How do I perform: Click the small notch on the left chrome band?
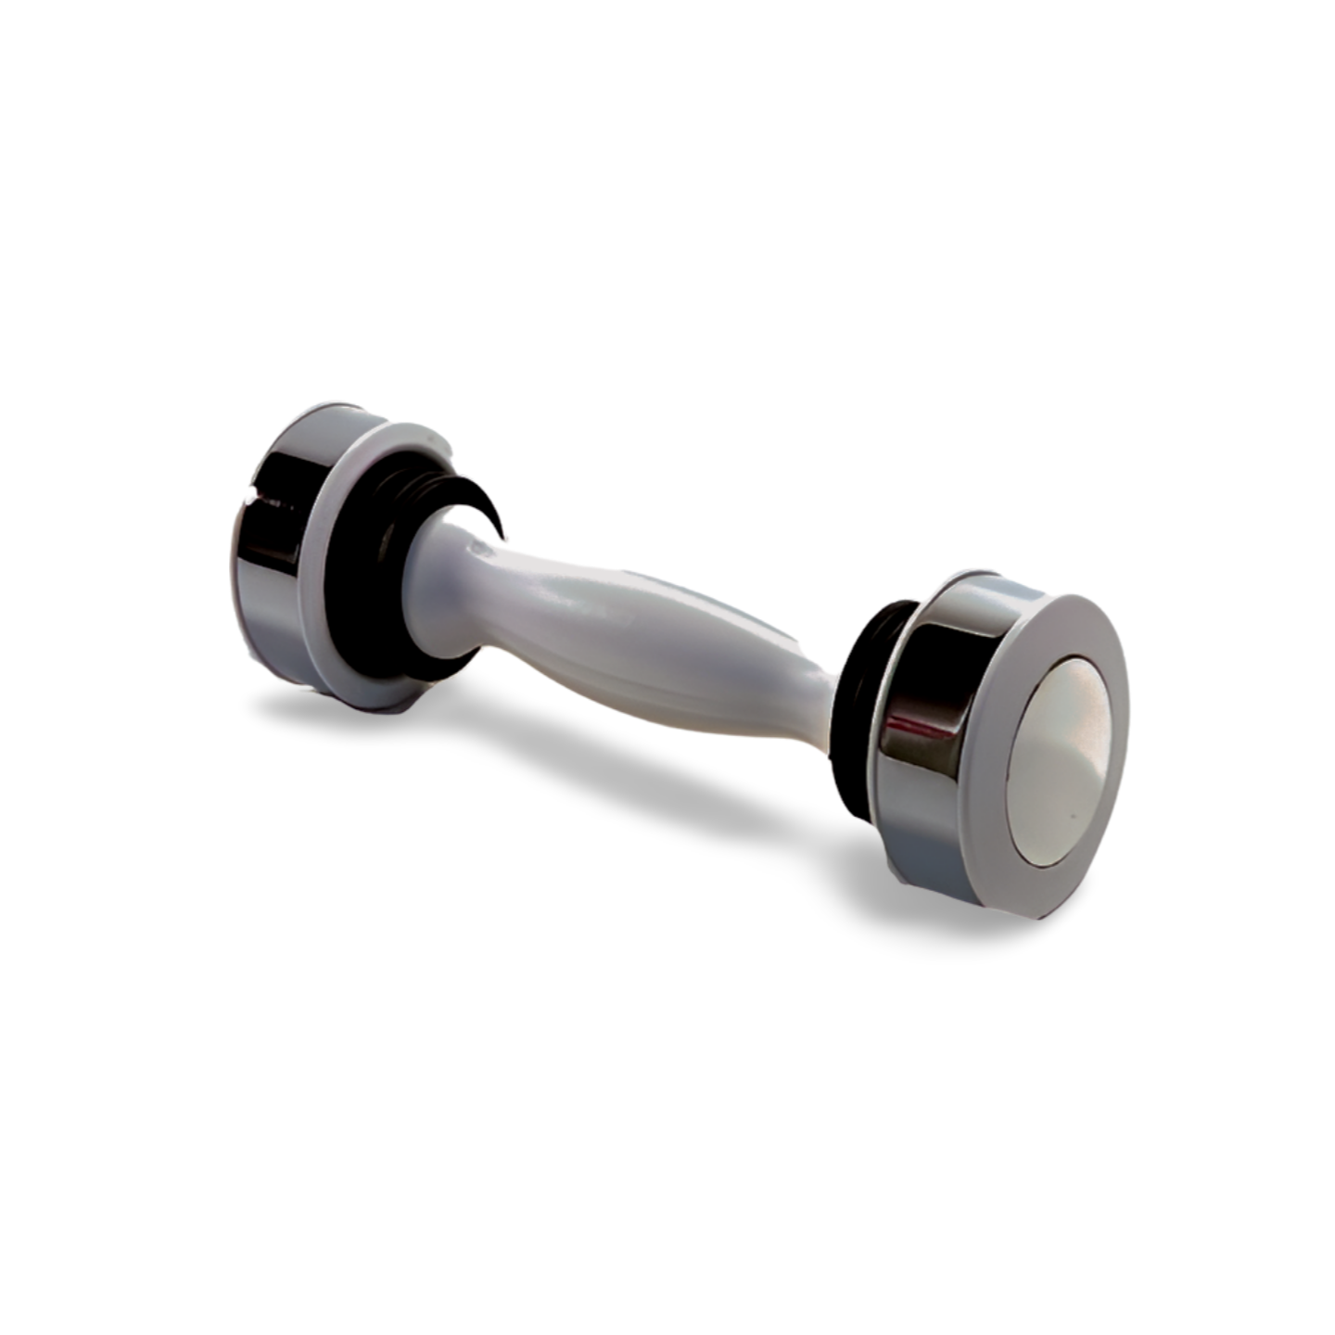pyautogui.click(x=248, y=502)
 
